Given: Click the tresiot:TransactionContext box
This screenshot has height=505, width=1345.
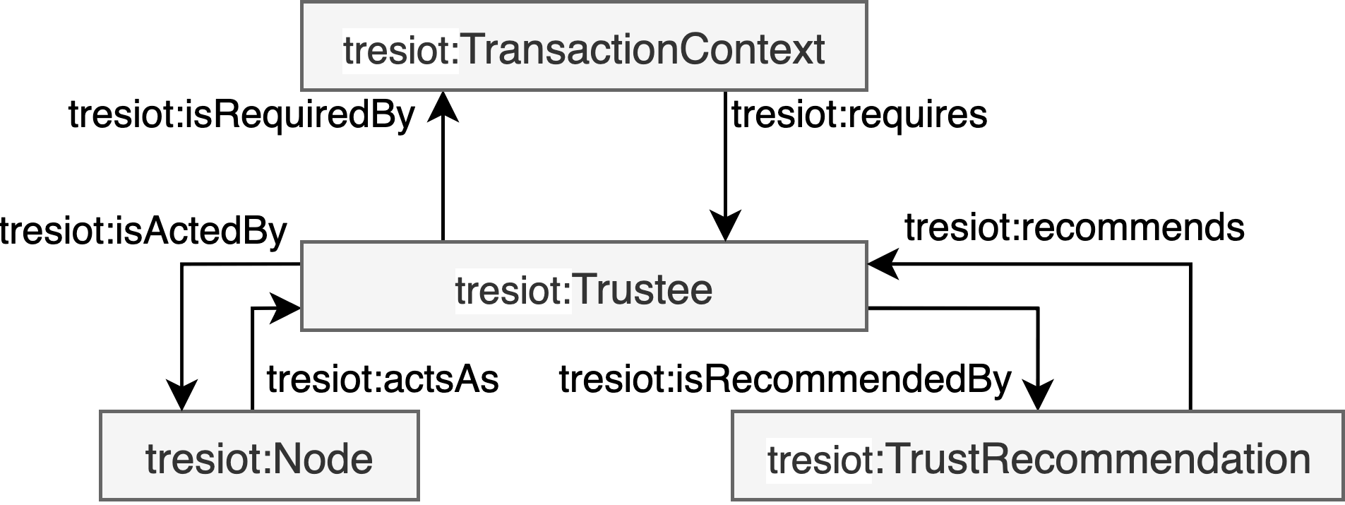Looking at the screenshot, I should pos(583,47).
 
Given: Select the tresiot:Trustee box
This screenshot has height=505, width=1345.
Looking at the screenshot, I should pos(583,287).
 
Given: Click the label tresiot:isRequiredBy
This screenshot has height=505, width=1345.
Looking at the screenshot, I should pos(241,114).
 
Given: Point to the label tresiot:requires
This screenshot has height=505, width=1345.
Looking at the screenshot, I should pos(859,114).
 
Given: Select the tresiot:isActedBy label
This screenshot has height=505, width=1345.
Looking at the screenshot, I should pos(143,231).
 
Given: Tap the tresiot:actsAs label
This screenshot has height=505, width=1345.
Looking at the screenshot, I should pos(383,379).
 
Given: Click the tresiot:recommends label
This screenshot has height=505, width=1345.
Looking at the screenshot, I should pos(1074,227).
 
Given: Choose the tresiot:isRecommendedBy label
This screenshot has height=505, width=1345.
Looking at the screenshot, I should pos(785,379).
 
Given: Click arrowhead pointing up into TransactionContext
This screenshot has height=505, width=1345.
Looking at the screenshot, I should pos(443,106).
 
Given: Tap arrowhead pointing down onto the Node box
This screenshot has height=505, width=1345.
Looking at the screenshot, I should pos(182,396).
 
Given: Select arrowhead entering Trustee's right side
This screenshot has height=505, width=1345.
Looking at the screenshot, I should pos(883,264).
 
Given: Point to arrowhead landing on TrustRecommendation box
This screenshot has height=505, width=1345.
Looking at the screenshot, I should pos(1038,396).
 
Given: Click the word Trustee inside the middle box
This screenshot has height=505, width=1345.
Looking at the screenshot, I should pos(642,289).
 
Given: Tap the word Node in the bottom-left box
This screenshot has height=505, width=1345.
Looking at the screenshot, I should pos(322,459).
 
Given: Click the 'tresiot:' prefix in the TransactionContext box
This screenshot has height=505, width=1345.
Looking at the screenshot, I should pos(400,49).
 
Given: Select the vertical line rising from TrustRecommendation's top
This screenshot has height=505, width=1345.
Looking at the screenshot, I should pos(1191,339).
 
